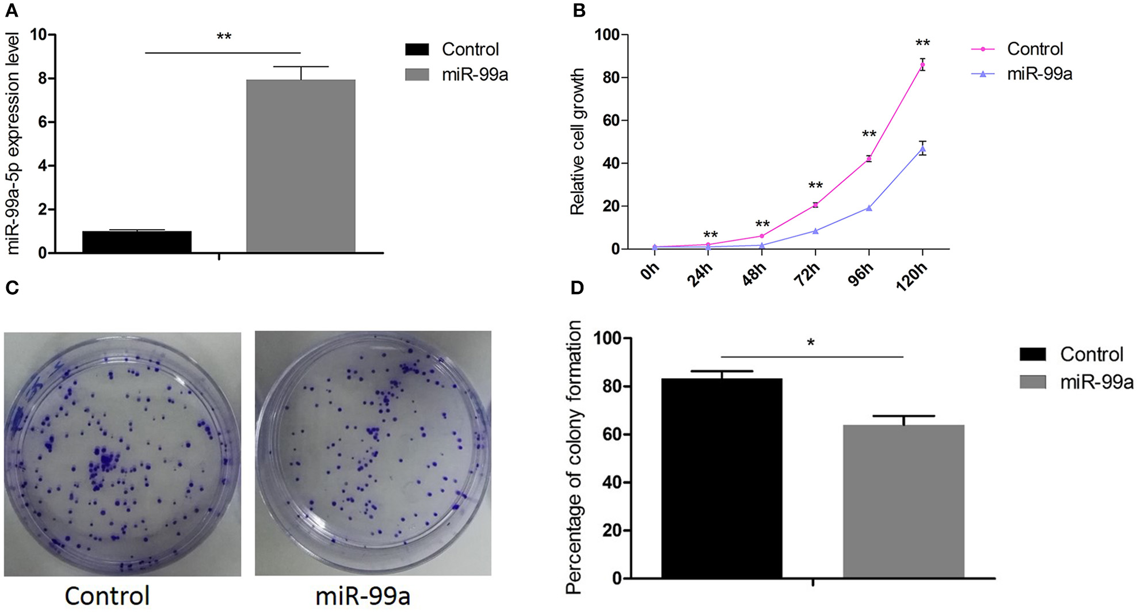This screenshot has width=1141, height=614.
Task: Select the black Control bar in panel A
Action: pos(136,242)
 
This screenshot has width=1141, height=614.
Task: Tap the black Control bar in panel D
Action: pos(722,478)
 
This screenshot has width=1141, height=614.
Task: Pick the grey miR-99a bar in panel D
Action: pos(903,501)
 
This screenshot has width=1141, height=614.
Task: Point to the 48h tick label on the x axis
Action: pos(754,275)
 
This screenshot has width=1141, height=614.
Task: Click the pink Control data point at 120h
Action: pos(922,64)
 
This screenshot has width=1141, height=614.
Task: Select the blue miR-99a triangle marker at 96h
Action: pos(869,208)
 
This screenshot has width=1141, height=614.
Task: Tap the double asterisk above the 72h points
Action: pos(815,186)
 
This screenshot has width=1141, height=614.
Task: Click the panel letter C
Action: pos(12,288)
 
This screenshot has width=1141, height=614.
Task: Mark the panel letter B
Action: pos(579,10)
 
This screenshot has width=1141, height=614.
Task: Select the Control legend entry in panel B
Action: pos(1034,49)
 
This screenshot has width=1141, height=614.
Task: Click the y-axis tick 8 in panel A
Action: pos(43,78)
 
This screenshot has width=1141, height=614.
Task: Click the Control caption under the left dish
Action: pos(107,596)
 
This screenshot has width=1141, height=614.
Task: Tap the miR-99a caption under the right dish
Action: pos(362,596)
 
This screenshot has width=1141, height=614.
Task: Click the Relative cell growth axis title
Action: pos(577,142)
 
